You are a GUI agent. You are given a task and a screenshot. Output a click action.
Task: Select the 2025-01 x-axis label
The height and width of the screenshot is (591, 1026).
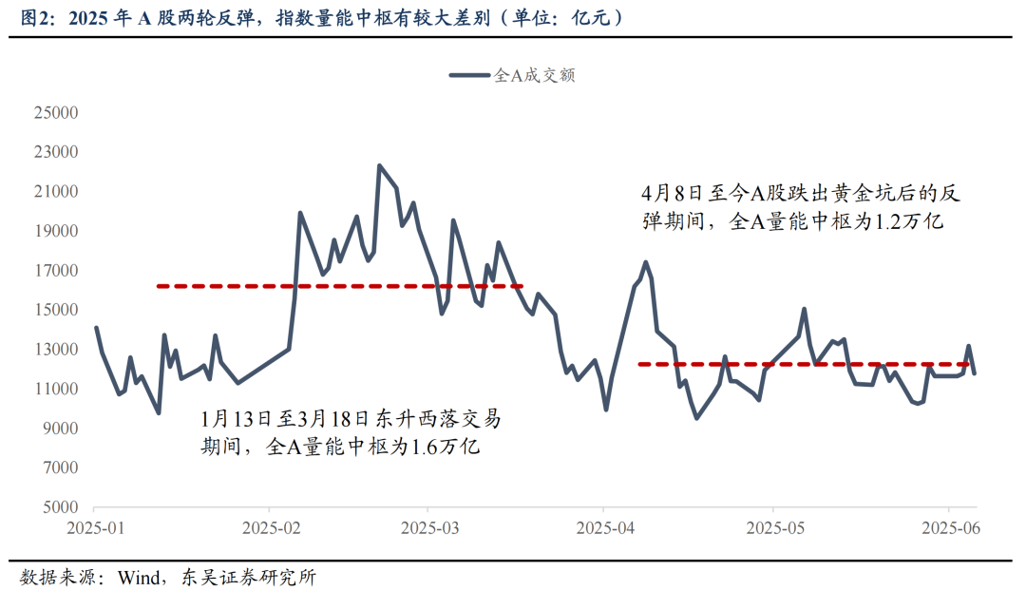click(96, 527)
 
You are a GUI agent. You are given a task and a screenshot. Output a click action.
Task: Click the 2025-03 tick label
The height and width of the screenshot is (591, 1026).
click(427, 527)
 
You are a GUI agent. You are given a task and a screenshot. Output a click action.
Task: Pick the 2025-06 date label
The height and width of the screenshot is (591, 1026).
click(950, 527)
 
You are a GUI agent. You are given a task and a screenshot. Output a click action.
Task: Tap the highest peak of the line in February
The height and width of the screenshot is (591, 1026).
click(379, 165)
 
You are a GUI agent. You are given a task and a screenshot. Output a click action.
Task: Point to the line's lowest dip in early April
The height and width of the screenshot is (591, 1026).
click(606, 410)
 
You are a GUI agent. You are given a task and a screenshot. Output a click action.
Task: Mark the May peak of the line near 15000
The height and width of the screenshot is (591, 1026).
click(805, 309)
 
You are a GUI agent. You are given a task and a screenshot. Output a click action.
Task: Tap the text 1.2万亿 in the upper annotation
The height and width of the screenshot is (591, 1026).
click(907, 221)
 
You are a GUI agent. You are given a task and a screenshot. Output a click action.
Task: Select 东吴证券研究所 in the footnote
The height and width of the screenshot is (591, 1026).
click(245, 577)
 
